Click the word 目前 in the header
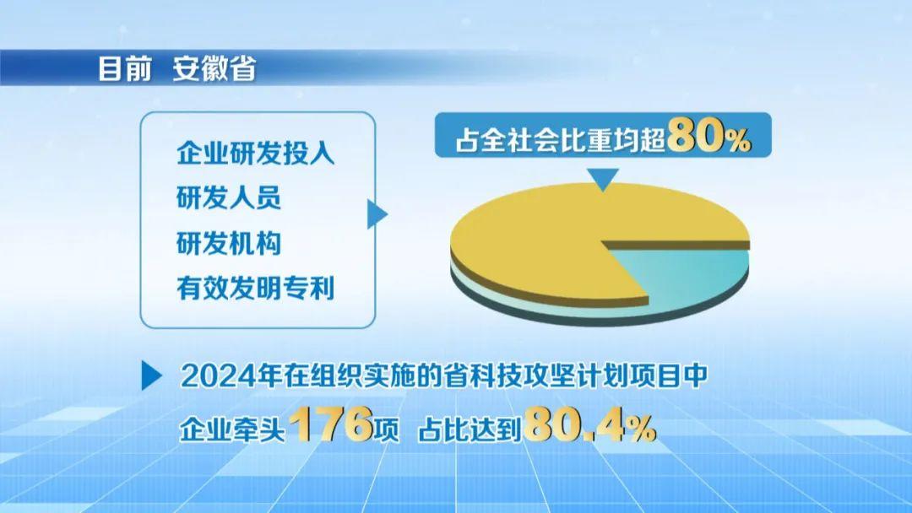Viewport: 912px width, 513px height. tap(125, 68)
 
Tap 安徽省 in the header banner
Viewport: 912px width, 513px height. tap(214, 68)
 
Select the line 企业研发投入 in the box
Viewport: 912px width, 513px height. tap(255, 154)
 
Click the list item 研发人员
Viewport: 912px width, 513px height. tap(229, 197)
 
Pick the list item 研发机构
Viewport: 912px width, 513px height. tap(229, 243)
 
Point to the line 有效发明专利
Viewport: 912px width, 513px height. tap(255, 289)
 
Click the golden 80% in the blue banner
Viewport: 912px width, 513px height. tap(709, 136)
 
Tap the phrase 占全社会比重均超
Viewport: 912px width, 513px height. tap(560, 139)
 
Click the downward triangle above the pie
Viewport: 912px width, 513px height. tap(603, 179)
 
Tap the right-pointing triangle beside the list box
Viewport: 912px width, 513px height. tap(377, 213)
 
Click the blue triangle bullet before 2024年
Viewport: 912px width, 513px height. tap(152, 375)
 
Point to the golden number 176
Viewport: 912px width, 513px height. tap(332, 424)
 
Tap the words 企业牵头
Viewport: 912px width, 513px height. tap(232, 430)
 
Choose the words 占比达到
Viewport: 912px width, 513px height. tap(470, 430)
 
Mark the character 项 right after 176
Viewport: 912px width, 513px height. tap(387, 430)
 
